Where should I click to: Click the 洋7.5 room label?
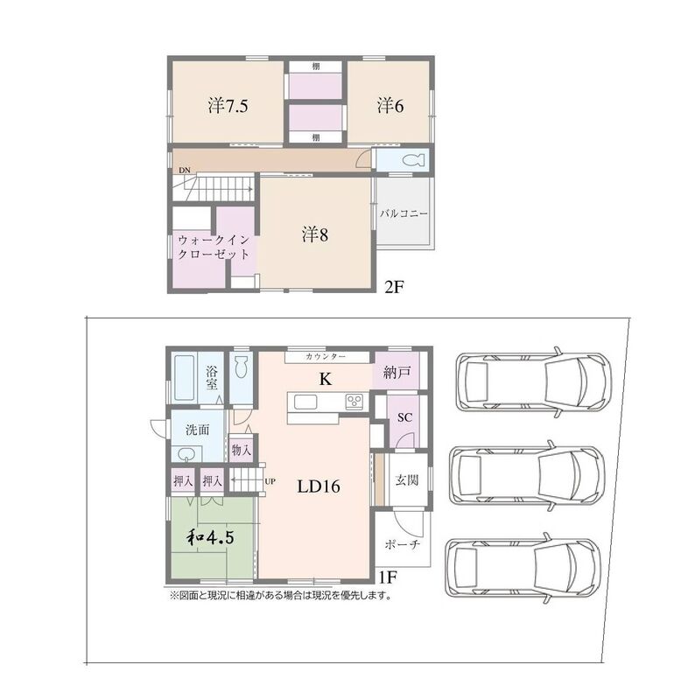228,106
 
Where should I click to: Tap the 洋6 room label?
390,106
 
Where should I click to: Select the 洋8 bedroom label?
315,234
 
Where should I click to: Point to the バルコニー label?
404,213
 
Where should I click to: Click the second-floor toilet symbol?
412,160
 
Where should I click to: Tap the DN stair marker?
185,170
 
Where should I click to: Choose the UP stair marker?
270,481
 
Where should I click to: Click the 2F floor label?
394,287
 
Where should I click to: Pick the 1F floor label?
388,577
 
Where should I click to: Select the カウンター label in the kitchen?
326,357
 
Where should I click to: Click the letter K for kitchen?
326,379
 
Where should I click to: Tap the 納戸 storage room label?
397,372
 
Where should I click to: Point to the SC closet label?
404,417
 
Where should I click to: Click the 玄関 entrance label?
407,479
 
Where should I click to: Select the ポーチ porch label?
403,544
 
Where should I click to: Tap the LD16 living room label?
319,486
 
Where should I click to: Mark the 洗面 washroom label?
198,430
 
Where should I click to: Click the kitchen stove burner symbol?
355,400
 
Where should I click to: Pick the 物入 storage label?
242,450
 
